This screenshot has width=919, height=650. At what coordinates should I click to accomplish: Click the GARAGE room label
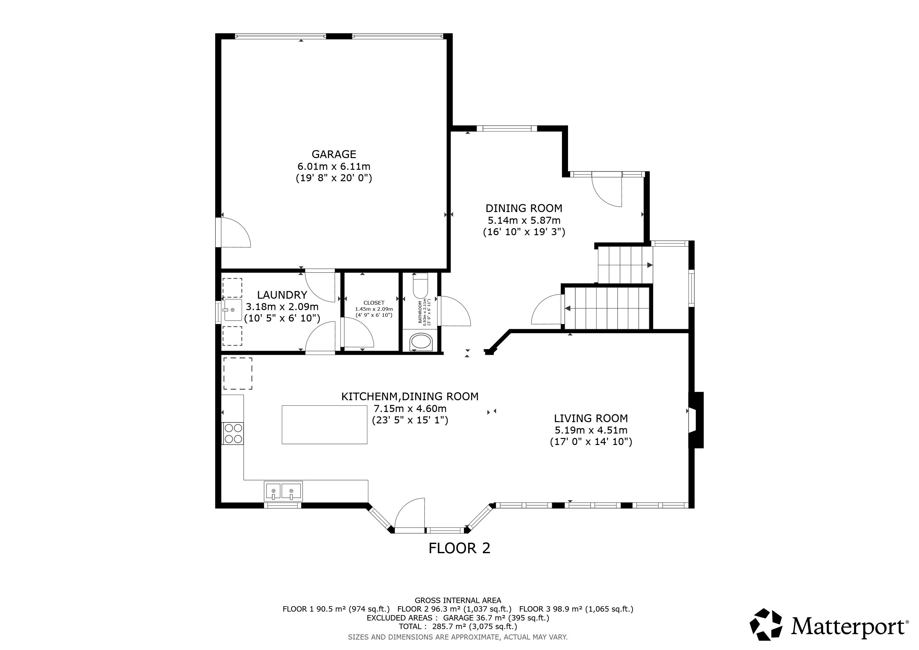click(x=334, y=154)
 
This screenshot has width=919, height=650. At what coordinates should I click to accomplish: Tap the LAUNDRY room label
click(x=282, y=295)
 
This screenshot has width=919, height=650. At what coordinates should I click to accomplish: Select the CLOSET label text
click(x=374, y=303)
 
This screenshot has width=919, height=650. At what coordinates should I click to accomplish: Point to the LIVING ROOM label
click(x=591, y=418)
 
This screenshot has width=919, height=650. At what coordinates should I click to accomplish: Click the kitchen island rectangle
click(x=324, y=424)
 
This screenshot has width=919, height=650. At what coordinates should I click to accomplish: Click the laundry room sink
click(x=233, y=310)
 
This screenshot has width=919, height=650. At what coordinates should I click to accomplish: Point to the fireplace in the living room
click(x=696, y=420)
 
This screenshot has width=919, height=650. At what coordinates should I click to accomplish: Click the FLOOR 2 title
click(x=459, y=548)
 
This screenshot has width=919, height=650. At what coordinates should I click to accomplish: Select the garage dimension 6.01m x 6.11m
click(x=334, y=166)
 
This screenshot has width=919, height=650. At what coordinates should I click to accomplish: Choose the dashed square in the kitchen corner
click(x=238, y=374)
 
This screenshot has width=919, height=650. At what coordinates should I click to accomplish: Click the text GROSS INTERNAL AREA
click(x=458, y=600)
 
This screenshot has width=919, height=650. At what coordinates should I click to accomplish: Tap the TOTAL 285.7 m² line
click(x=458, y=627)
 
